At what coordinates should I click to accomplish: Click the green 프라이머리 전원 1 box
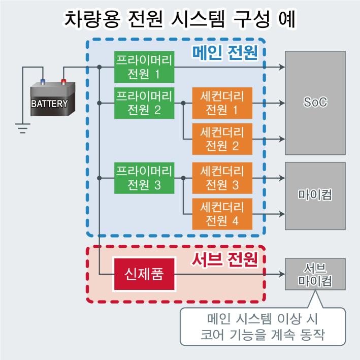[145, 67]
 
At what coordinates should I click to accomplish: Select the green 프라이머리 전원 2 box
[145, 103]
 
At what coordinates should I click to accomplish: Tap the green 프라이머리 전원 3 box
[145, 178]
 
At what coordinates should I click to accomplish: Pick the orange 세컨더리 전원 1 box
[222, 103]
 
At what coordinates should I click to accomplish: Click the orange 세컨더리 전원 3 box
[222, 178]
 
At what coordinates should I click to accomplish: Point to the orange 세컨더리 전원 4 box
[222, 214]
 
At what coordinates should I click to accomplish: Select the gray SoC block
[315, 103]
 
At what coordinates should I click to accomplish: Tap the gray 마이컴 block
[315, 194]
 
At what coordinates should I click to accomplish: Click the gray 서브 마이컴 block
[315, 274]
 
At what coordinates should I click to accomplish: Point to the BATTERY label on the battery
[49, 104]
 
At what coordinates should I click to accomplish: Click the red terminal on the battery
[63, 81]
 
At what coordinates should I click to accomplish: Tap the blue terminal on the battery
[42, 81]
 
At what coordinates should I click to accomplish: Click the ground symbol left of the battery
[22, 127]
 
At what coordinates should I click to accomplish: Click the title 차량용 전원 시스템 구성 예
[180, 19]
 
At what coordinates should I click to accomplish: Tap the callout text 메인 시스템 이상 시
[263, 320]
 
